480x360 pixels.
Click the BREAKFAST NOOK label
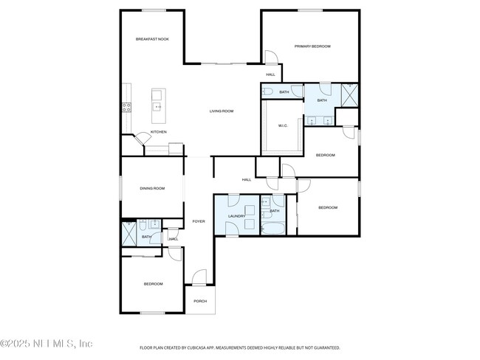(152, 39)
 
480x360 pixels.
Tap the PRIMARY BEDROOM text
(312, 46)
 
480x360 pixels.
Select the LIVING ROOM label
(221, 111)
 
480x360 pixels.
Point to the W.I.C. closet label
(283, 126)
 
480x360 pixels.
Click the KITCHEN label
(159, 132)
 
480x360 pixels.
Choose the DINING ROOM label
(152, 189)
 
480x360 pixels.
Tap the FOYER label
(198, 221)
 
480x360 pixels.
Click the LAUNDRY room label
(236, 216)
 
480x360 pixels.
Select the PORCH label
(200, 301)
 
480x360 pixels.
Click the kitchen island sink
(157, 108)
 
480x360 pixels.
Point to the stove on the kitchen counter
(126, 106)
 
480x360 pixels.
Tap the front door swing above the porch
(198, 278)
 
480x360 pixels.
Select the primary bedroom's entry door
(270, 59)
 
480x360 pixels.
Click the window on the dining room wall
(122, 188)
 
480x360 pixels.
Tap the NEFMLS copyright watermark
(47, 344)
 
